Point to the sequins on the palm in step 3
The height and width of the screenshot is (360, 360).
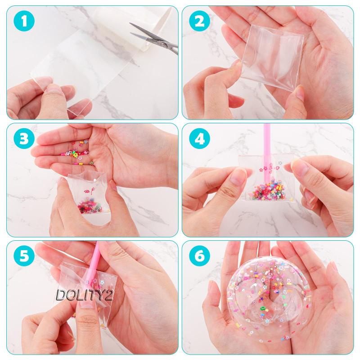76,151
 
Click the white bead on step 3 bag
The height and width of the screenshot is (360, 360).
96,180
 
